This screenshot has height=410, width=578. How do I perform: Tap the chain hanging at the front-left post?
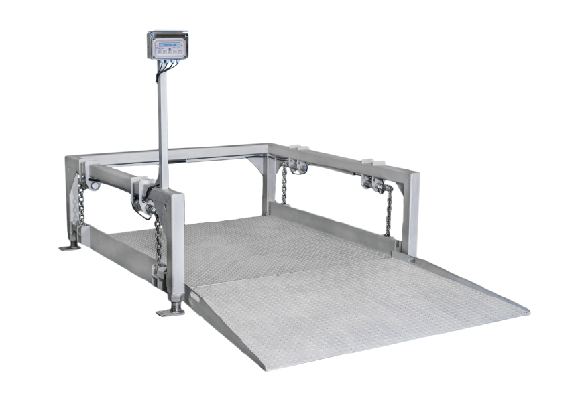pyautogui.click(x=158, y=238)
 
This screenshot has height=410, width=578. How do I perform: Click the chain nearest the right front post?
pyautogui.click(x=388, y=210)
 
